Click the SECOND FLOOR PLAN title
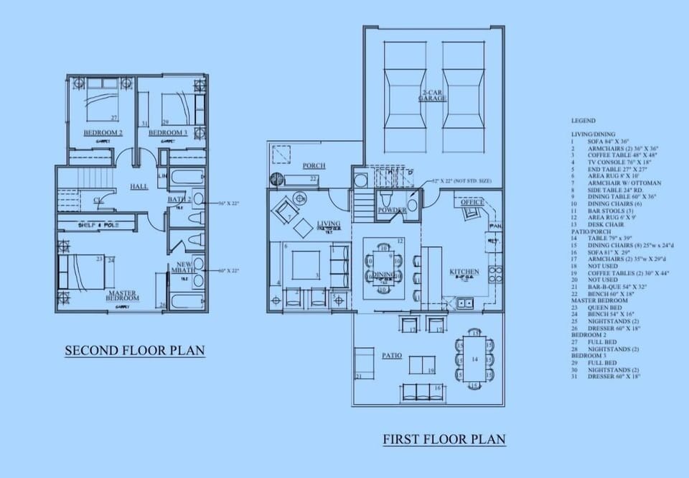coord(135,351)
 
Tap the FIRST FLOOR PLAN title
coord(444,438)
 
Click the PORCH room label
coord(314,165)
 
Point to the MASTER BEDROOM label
coord(122,295)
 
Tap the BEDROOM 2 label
coord(103,133)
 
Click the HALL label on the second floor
coord(139,186)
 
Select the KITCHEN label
coord(464,272)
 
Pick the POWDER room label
coord(393,210)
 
